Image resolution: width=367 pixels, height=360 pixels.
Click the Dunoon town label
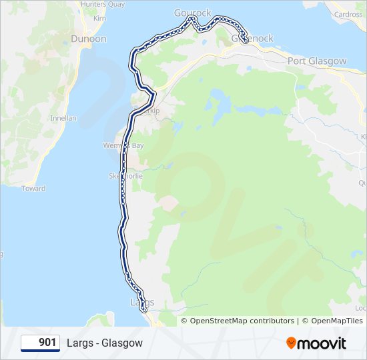89,39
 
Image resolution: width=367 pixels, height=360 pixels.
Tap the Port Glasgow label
317,61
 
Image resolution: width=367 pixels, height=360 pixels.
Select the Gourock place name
192,13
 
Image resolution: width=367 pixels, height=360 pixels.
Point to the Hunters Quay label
102,4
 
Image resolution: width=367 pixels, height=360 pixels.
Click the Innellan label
63,118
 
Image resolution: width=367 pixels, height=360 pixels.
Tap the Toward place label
33,189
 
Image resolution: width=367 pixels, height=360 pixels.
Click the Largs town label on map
141,302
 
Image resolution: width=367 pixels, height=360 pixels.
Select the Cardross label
348,14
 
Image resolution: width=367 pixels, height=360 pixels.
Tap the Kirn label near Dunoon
99,18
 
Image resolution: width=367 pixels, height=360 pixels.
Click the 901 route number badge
40,343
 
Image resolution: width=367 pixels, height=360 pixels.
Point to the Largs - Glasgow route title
105,343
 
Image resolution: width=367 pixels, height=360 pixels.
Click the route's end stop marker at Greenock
246,41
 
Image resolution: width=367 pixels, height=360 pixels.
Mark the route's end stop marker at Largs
143,309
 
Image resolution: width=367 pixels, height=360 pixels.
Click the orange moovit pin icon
291,343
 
